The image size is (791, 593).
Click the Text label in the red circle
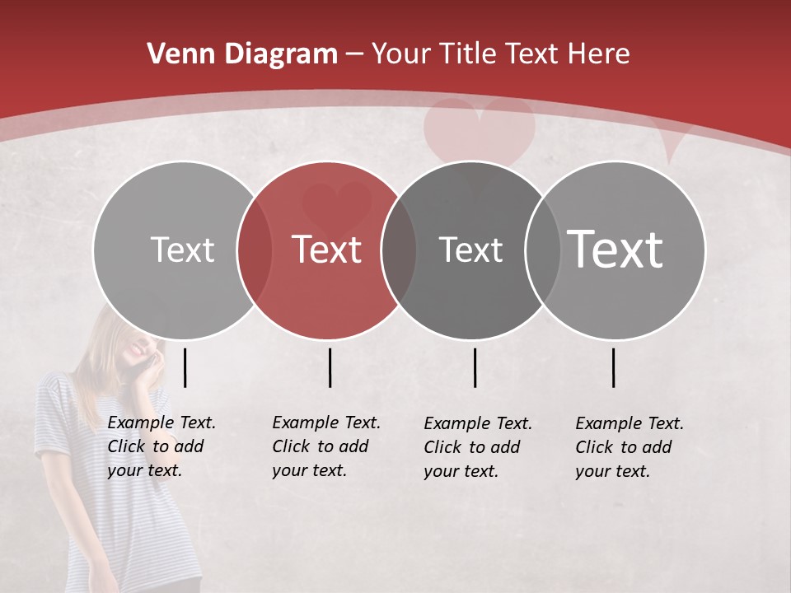[327, 250]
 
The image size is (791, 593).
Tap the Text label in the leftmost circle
[182, 250]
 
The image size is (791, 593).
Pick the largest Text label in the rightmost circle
[615, 249]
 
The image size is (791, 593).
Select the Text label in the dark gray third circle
[470, 250]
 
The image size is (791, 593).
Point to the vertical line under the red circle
[330, 367]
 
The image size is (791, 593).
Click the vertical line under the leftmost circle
[185, 367]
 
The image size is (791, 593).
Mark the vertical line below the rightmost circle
[613, 367]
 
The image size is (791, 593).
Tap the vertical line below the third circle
[475, 367]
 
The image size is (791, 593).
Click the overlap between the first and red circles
[255, 250]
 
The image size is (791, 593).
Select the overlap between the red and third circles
[399, 250]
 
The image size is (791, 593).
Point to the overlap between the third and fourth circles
[541, 250]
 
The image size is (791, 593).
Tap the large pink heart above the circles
[479, 132]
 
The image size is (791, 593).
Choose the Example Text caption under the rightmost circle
[629, 446]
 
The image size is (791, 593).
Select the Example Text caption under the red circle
[326, 446]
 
